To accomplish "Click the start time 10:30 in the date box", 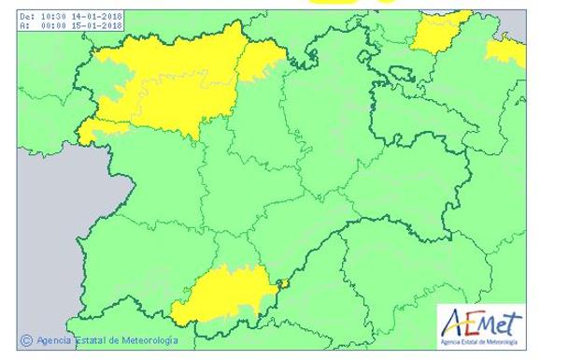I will (53, 16).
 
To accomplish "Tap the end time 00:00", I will (53, 25).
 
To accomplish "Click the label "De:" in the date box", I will (27, 16).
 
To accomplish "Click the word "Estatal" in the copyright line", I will (96, 341).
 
